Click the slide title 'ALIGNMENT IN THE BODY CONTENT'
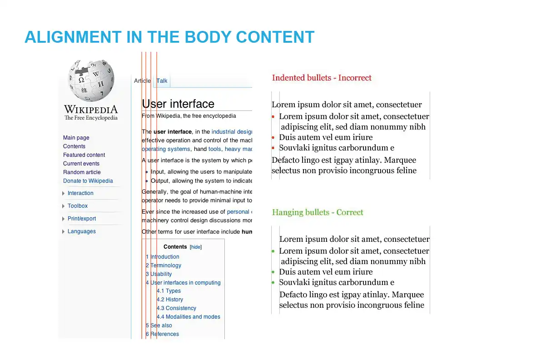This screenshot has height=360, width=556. point(169,37)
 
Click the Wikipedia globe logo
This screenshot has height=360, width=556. point(91,80)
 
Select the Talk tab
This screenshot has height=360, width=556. point(162,81)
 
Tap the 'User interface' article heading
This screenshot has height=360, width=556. point(178,104)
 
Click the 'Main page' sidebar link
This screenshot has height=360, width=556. point(76,138)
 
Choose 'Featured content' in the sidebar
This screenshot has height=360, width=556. point(84,155)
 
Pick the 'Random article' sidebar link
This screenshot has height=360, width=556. point(82,172)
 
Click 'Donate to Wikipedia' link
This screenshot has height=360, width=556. point(88,181)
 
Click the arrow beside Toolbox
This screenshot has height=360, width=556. point(64,206)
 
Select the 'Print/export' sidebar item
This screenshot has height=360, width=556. point(82,219)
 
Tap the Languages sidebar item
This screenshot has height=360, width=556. point(82,231)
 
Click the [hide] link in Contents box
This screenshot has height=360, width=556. point(196,247)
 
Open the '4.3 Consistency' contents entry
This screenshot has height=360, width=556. point(176,308)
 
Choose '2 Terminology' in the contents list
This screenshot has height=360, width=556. point(164,265)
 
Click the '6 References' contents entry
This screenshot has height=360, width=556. point(162,334)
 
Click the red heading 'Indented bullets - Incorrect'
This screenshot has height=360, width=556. point(322,78)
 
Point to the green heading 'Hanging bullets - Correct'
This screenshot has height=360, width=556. point(318,212)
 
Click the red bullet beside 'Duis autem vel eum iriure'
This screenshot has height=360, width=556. point(273,138)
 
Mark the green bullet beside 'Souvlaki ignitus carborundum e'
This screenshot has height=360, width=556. point(273,283)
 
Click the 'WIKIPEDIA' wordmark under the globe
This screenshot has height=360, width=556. point(91,110)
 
